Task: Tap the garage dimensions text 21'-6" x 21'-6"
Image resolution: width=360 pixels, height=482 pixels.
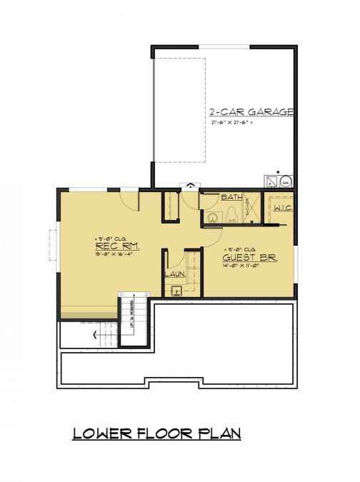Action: coord(242,123)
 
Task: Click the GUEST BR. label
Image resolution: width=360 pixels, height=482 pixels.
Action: coord(249,258)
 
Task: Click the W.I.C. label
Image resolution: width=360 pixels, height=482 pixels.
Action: coord(281,208)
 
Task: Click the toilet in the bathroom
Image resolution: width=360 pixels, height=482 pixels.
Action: coord(233,214)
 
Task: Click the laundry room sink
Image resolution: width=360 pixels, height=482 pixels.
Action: coord(176,290)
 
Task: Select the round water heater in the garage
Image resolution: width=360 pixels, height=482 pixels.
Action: coord(284,181)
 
